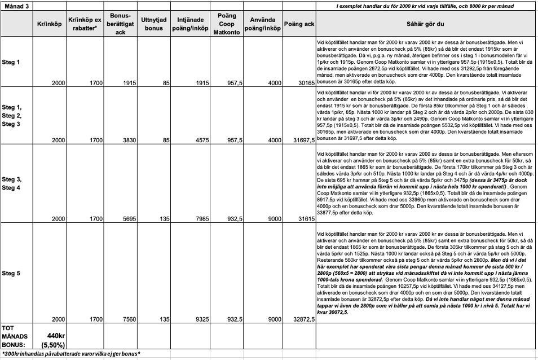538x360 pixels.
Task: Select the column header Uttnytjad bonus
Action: point(152,23)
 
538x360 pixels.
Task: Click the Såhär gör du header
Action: point(425,23)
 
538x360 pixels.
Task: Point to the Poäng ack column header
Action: point(299,23)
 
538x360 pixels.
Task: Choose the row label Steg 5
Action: point(11,274)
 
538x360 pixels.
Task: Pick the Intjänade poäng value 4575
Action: point(197,140)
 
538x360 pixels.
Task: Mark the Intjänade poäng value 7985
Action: point(197,218)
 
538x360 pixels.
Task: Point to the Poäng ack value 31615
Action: point(304,218)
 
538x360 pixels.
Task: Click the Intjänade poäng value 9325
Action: point(197,319)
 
